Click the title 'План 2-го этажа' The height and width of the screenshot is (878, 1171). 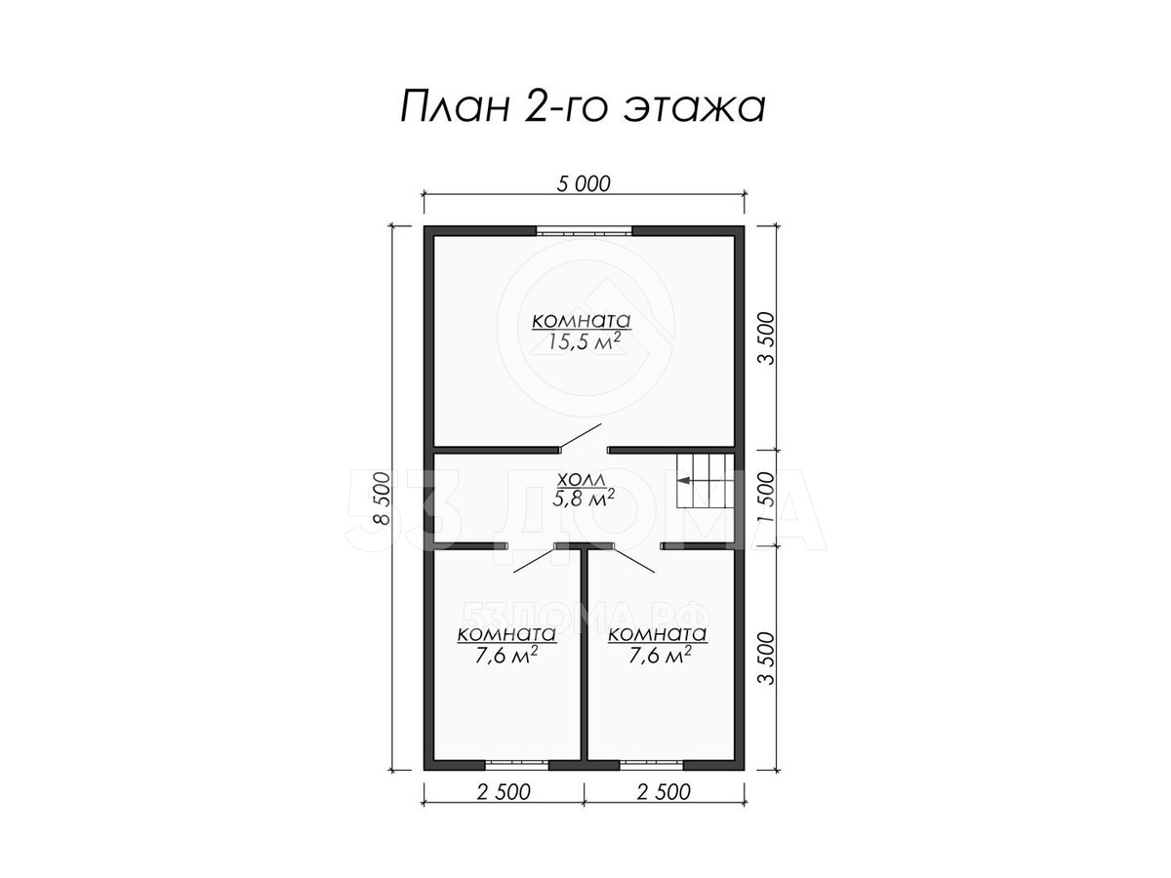coord(583,107)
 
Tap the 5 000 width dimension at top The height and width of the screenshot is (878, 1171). coord(583,184)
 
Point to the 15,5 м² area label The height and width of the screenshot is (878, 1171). coord(585,341)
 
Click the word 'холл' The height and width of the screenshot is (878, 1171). coord(582,480)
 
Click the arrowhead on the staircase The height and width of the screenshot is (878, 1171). coord(683,481)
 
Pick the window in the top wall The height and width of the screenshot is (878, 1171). coord(585,230)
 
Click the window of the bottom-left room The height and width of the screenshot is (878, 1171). coord(516,765)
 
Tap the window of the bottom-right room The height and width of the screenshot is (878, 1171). coord(652,765)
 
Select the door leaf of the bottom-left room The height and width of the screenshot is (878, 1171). coord(535,560)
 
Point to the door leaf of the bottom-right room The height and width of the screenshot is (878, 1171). coord(632,560)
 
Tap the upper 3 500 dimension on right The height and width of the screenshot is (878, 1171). coord(766,339)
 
